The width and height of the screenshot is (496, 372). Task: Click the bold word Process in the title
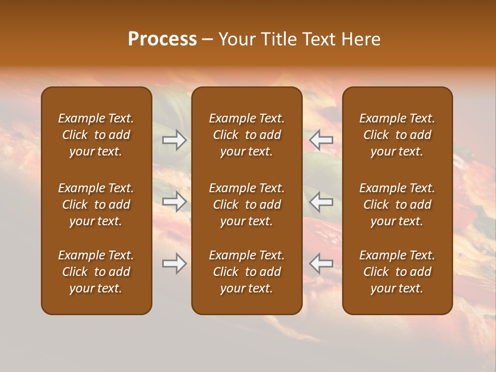pyautogui.click(x=162, y=39)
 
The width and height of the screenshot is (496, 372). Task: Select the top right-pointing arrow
pyautogui.click(x=175, y=140)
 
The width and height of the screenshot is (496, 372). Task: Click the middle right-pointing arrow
pyautogui.click(x=175, y=202)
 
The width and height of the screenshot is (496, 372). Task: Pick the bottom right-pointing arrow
pyautogui.click(x=175, y=263)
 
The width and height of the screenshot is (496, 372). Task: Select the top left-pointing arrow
pyautogui.click(x=321, y=140)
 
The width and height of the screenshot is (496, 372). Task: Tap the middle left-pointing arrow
pyautogui.click(x=321, y=202)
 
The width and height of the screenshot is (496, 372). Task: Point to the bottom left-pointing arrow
pyautogui.click(x=321, y=263)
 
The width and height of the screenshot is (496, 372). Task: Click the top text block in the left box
pyautogui.click(x=96, y=135)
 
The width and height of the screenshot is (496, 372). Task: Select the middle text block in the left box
pyautogui.click(x=96, y=205)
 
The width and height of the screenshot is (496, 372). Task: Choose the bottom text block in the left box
pyautogui.click(x=96, y=272)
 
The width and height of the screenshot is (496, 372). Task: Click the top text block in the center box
pyautogui.click(x=247, y=135)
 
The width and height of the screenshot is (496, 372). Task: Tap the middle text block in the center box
pyautogui.click(x=247, y=205)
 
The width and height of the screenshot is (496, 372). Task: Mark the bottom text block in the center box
pyautogui.click(x=247, y=272)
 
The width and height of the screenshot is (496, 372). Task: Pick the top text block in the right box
pyautogui.click(x=397, y=135)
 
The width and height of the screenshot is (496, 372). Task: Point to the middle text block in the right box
pyautogui.click(x=397, y=205)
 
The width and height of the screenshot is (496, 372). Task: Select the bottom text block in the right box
pyautogui.click(x=397, y=272)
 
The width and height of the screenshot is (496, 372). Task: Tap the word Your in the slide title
pyautogui.click(x=235, y=39)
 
